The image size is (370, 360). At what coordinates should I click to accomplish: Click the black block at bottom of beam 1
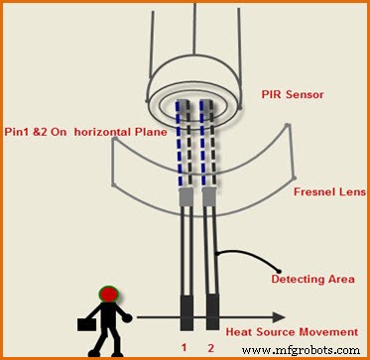pyautogui.click(x=186, y=311)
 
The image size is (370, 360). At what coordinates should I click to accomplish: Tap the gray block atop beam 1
pyautogui.click(x=185, y=199)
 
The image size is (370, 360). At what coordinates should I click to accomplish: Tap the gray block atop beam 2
pyautogui.click(x=209, y=199)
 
